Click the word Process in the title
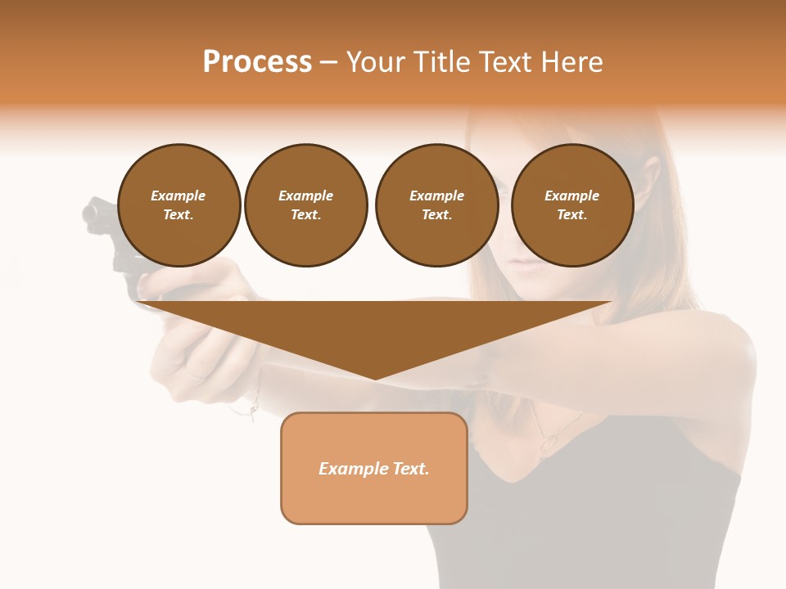[x=257, y=62]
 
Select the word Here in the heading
[x=571, y=62]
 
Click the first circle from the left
[x=178, y=205]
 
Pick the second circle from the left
[x=305, y=205]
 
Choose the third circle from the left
[x=436, y=205]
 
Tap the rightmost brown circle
[x=571, y=205]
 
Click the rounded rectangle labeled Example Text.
[x=373, y=468]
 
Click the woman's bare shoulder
[x=720, y=360]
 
